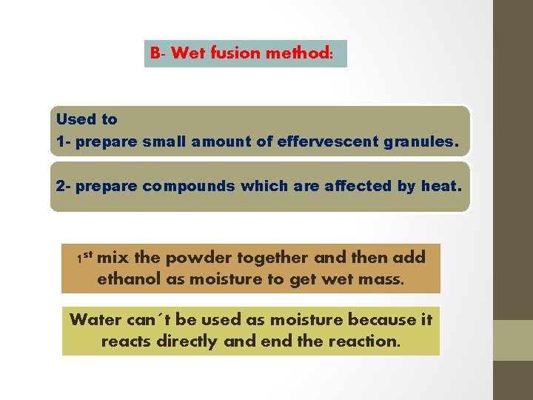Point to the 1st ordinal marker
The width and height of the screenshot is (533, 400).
click(x=84, y=258)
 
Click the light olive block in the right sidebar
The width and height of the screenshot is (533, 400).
click(x=513, y=340)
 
